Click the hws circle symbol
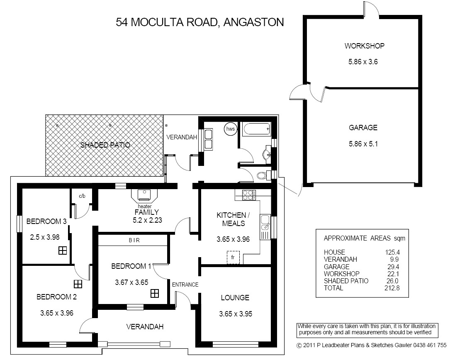tap(230, 129)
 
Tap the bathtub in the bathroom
tap(257, 129)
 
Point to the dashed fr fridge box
tap(233, 257)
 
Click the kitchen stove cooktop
tap(248, 195)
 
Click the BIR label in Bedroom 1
tap(134, 240)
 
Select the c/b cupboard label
tap(82, 196)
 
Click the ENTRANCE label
tap(185, 285)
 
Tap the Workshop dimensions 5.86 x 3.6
tap(363, 62)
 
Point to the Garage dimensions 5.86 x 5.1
tap(363, 144)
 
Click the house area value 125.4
tap(392, 252)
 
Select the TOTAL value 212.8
tap(392, 288)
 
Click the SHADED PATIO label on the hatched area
tap(105, 145)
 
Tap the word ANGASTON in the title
tap(253, 22)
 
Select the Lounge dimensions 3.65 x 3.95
tap(236, 314)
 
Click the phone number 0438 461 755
tap(430, 345)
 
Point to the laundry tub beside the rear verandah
tap(208, 139)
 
